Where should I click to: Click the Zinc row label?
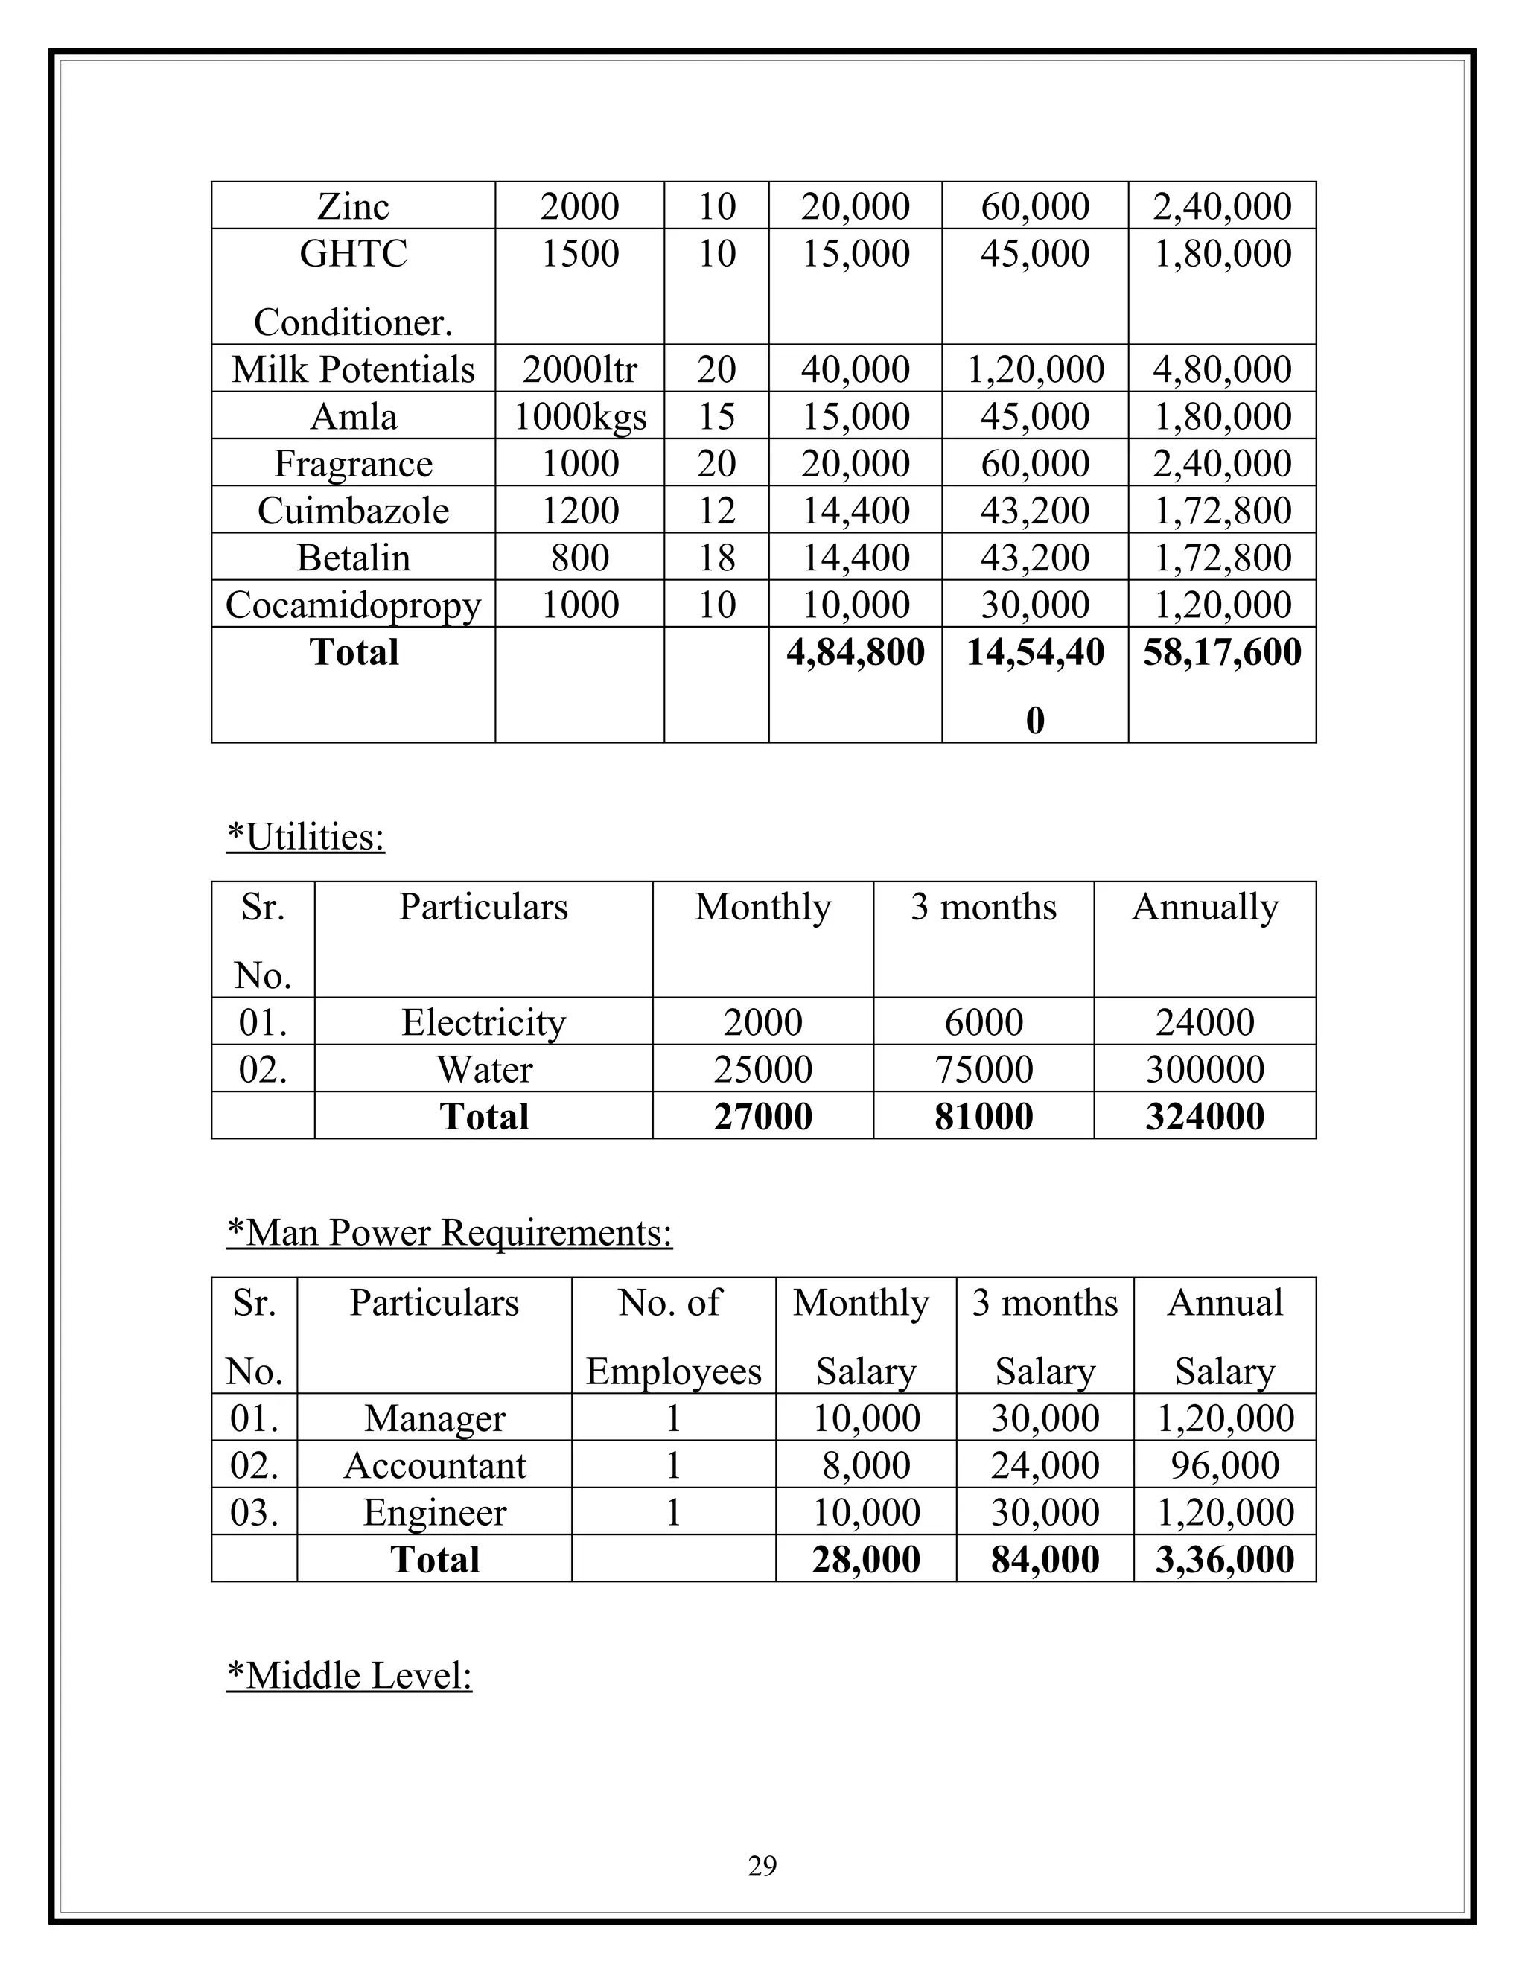[x=352, y=206]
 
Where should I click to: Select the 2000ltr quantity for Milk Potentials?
[x=579, y=369]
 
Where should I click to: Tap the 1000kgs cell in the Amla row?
[x=579, y=416]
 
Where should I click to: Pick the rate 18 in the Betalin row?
[x=716, y=558]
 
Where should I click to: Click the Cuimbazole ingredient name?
[x=352, y=511]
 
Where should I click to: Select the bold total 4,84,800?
[x=855, y=652]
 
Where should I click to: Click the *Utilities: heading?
[x=305, y=837]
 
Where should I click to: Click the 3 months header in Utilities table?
[x=983, y=907]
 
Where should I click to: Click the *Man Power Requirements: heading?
[x=449, y=1232]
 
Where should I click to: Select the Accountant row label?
[x=435, y=1465]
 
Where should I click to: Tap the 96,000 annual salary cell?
[x=1224, y=1465]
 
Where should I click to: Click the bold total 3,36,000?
[x=1224, y=1559]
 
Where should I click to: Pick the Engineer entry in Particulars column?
[x=435, y=1512]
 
